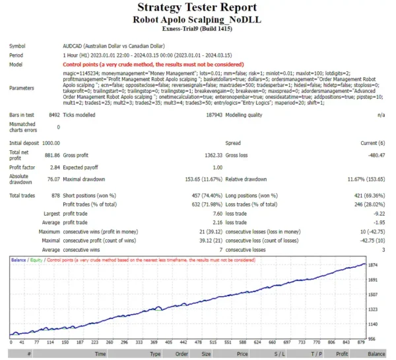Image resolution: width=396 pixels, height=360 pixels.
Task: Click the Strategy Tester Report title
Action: click(197, 7)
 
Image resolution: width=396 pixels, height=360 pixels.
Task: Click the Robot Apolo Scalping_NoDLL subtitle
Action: click(197, 20)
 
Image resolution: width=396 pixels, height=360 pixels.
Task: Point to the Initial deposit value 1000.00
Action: click(50, 142)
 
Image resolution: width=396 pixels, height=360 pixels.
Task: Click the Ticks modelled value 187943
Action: click(209, 114)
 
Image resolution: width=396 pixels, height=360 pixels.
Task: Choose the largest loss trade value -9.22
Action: click(378, 214)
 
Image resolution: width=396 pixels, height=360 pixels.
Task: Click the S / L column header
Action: click(280, 354)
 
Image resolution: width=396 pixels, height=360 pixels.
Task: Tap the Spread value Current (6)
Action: click(372, 142)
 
